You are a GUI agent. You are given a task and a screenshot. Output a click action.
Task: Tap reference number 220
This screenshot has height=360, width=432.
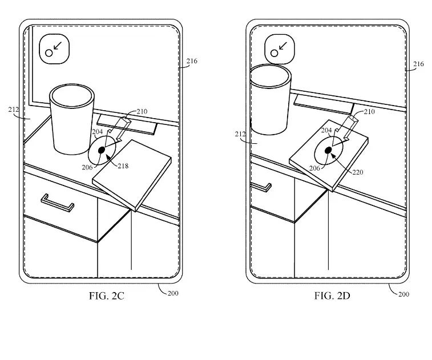point(357,172)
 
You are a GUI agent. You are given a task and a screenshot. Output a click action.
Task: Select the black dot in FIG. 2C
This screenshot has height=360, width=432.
point(102,150)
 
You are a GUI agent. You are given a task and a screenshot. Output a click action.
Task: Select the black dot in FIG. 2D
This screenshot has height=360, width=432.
point(328,150)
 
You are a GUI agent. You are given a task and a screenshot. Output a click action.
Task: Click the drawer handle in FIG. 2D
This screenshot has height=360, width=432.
point(261,186)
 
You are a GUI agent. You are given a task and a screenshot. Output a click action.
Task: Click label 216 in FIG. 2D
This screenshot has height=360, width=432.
point(418,64)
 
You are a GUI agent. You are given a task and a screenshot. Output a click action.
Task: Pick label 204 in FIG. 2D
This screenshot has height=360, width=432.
point(326,130)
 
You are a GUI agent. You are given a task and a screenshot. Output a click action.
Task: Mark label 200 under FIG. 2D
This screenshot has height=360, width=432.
point(403,294)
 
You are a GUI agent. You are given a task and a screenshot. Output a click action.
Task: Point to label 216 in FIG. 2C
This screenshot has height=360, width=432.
point(192,61)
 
